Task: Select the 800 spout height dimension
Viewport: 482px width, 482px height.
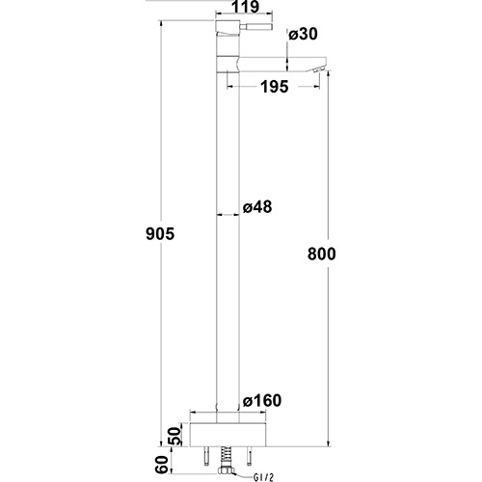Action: (x=323, y=254)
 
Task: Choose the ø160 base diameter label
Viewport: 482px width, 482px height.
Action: (x=262, y=402)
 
